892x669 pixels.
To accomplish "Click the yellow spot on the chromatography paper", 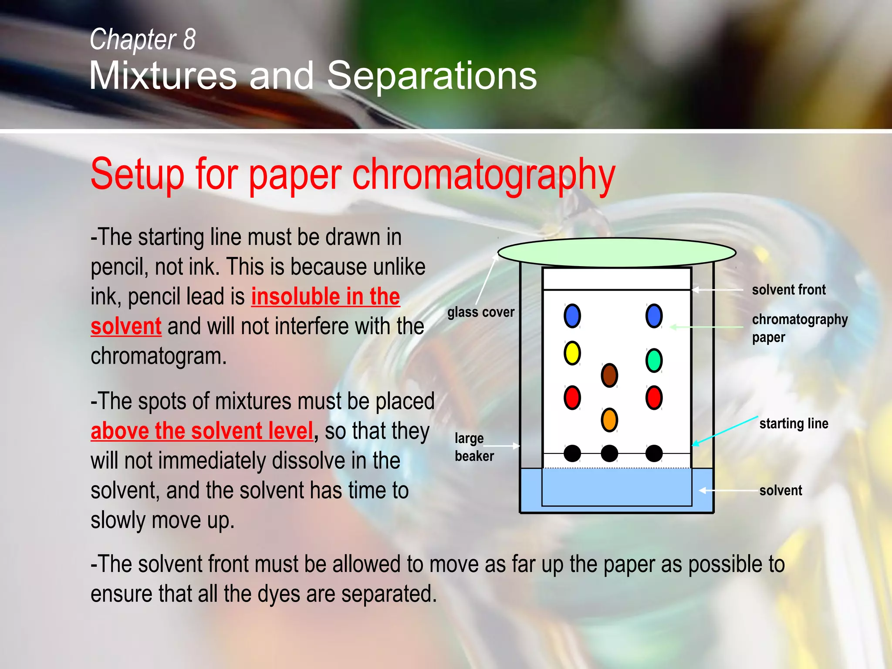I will pos(572,353).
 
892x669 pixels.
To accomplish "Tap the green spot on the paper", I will pos(654,360).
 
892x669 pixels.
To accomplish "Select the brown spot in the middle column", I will pos(609,375).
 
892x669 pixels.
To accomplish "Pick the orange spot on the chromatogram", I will pos(609,420).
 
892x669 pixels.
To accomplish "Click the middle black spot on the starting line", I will pos(609,453).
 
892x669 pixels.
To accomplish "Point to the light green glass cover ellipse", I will pos(617,253).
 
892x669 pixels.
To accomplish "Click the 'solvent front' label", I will pos(788,290).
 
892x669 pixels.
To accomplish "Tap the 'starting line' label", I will pos(794,423).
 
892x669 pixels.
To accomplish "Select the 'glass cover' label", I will pos(480,312).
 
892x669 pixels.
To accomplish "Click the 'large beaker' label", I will pos(473,447).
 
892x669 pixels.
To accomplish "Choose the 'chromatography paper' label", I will pos(799,328).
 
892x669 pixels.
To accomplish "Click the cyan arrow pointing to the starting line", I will pos(725,431).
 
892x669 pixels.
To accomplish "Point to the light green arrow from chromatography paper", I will pos(706,327).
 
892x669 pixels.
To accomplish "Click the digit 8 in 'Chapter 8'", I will pos(189,39).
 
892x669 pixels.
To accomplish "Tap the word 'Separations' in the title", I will pos(432,76).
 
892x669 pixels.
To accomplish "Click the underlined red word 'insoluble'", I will pos(294,297).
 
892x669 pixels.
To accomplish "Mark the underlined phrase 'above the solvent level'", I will pos(202,431).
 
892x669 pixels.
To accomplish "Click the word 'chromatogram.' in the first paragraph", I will pos(159,356).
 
